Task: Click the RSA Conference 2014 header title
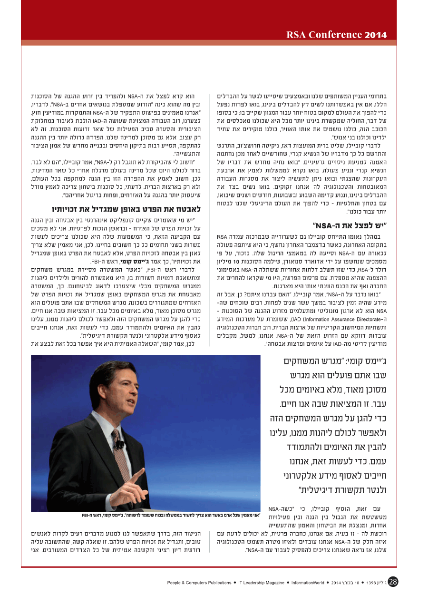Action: pyautogui.click(x=336, y=35)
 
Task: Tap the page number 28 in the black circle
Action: pyautogui.click(x=393, y=582)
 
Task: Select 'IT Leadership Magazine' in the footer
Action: pyautogui.click(x=261, y=582)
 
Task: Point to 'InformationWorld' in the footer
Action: pyautogui.click(x=308, y=582)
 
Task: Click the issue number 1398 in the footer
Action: pyautogui.click(x=373, y=582)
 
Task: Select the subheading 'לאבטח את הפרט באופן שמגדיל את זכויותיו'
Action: pyautogui.click(x=126, y=208)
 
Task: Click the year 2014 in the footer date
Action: pyautogui.click(x=337, y=582)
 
